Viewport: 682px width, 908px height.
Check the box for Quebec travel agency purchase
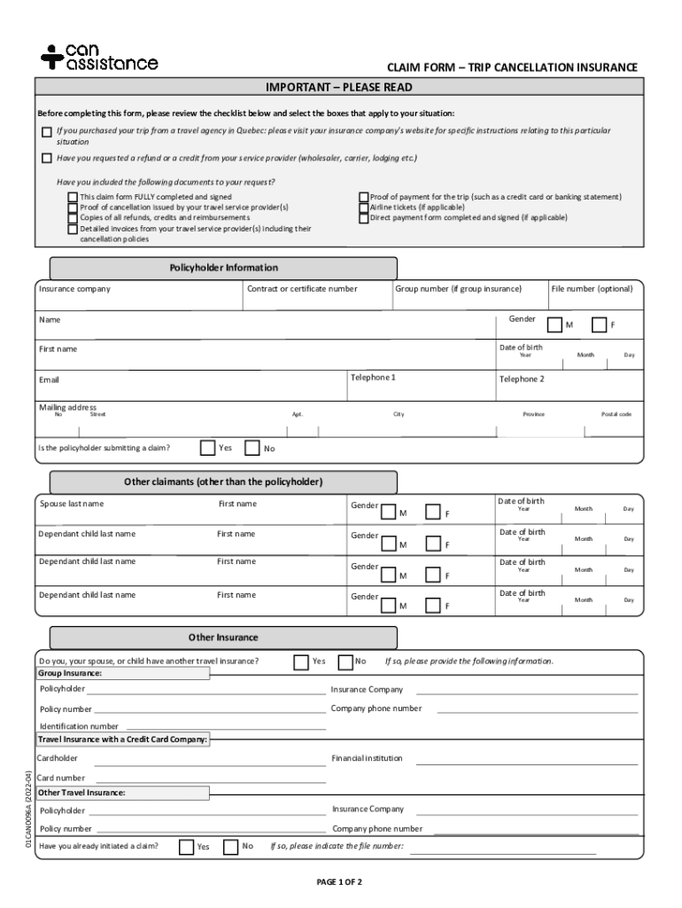click(x=47, y=132)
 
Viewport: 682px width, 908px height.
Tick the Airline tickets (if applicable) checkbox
click(x=363, y=207)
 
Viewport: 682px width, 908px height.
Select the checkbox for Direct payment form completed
click(x=363, y=217)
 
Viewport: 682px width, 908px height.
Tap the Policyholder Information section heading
click(x=223, y=268)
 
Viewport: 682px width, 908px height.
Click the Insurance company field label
click(x=74, y=289)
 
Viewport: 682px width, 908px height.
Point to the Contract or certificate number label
click(x=304, y=289)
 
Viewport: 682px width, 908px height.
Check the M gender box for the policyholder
click(x=554, y=325)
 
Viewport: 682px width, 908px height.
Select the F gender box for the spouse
click(x=432, y=512)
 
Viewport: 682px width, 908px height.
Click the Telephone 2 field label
click(x=522, y=379)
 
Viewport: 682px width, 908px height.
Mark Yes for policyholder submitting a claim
click(x=208, y=448)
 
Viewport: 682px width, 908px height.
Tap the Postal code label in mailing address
click(x=616, y=414)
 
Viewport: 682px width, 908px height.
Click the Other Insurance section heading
click(x=223, y=638)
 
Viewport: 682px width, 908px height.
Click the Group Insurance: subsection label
click(x=71, y=673)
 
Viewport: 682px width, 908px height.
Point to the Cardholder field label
click(x=58, y=758)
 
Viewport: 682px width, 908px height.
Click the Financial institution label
click(x=367, y=758)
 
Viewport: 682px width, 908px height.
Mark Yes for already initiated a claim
click(x=186, y=847)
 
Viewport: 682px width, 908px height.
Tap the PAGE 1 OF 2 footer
click(x=340, y=882)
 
